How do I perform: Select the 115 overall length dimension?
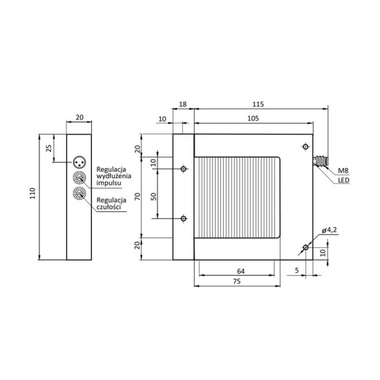[x=258, y=104]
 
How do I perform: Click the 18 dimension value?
[x=183, y=104]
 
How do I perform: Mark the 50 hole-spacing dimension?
[x=153, y=196]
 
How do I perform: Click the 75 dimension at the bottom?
[x=236, y=283]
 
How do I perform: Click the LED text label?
[x=344, y=182]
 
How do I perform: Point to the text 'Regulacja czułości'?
[x=110, y=204]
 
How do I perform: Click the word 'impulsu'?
[x=109, y=184]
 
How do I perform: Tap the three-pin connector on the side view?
[x=79, y=163]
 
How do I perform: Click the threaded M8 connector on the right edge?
[x=321, y=162]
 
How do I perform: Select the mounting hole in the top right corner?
[x=305, y=146]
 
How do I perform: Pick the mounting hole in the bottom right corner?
[x=305, y=247]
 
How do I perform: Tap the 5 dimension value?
[x=296, y=270]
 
